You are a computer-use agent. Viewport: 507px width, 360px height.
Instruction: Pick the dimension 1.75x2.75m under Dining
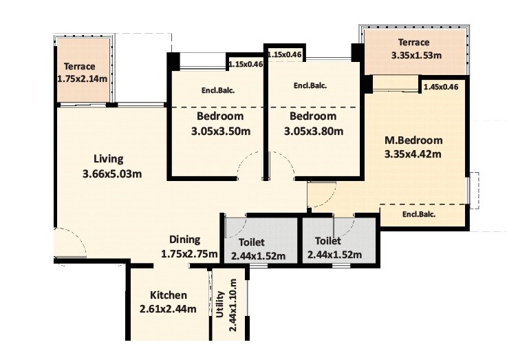[x=189, y=254]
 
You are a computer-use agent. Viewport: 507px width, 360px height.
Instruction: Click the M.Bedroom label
[x=413, y=140]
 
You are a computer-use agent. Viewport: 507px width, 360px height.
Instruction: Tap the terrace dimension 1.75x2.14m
[x=82, y=79]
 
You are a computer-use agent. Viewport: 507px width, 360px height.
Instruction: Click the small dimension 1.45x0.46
[x=441, y=87]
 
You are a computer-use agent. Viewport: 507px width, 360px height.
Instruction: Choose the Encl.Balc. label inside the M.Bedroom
[x=419, y=213]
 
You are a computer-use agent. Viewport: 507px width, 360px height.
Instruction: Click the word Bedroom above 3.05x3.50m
[x=219, y=116]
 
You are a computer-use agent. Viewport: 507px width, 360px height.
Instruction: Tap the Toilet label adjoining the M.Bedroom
[x=327, y=242]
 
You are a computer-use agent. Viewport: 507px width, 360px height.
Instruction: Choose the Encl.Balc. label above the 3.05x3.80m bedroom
[x=310, y=86]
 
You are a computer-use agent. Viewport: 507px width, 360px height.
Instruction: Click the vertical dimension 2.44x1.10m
[x=235, y=305]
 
